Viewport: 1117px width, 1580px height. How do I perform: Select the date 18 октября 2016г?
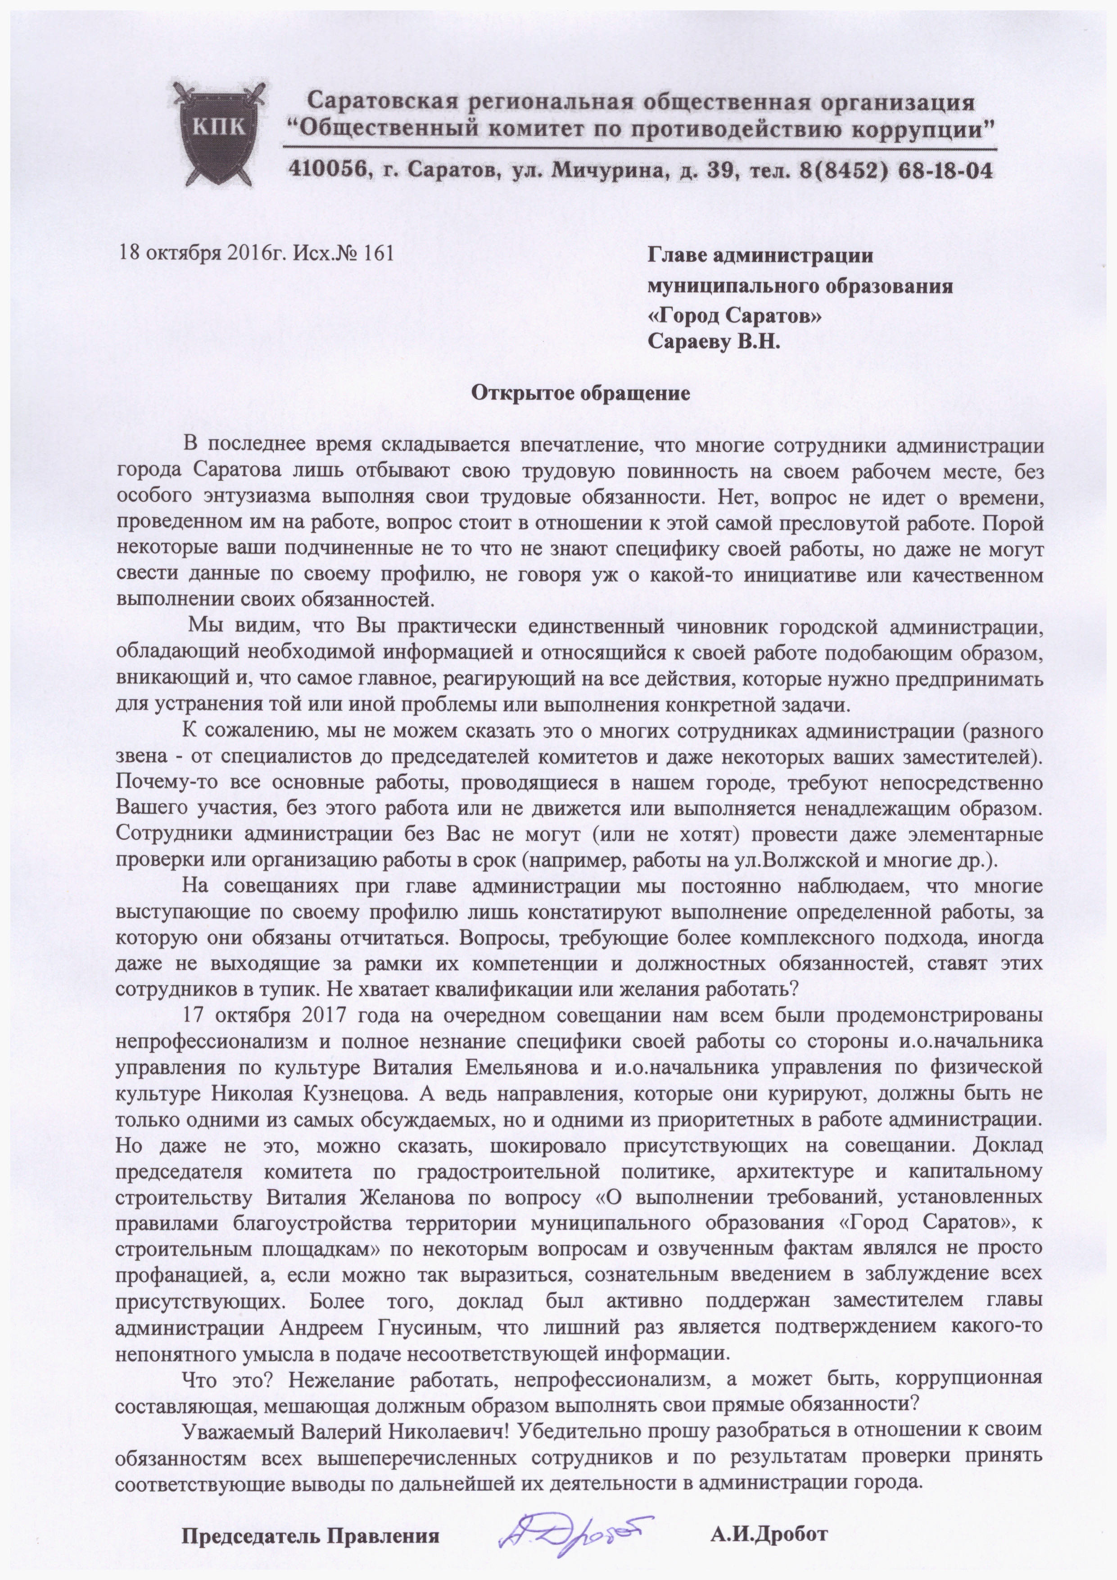point(202,253)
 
